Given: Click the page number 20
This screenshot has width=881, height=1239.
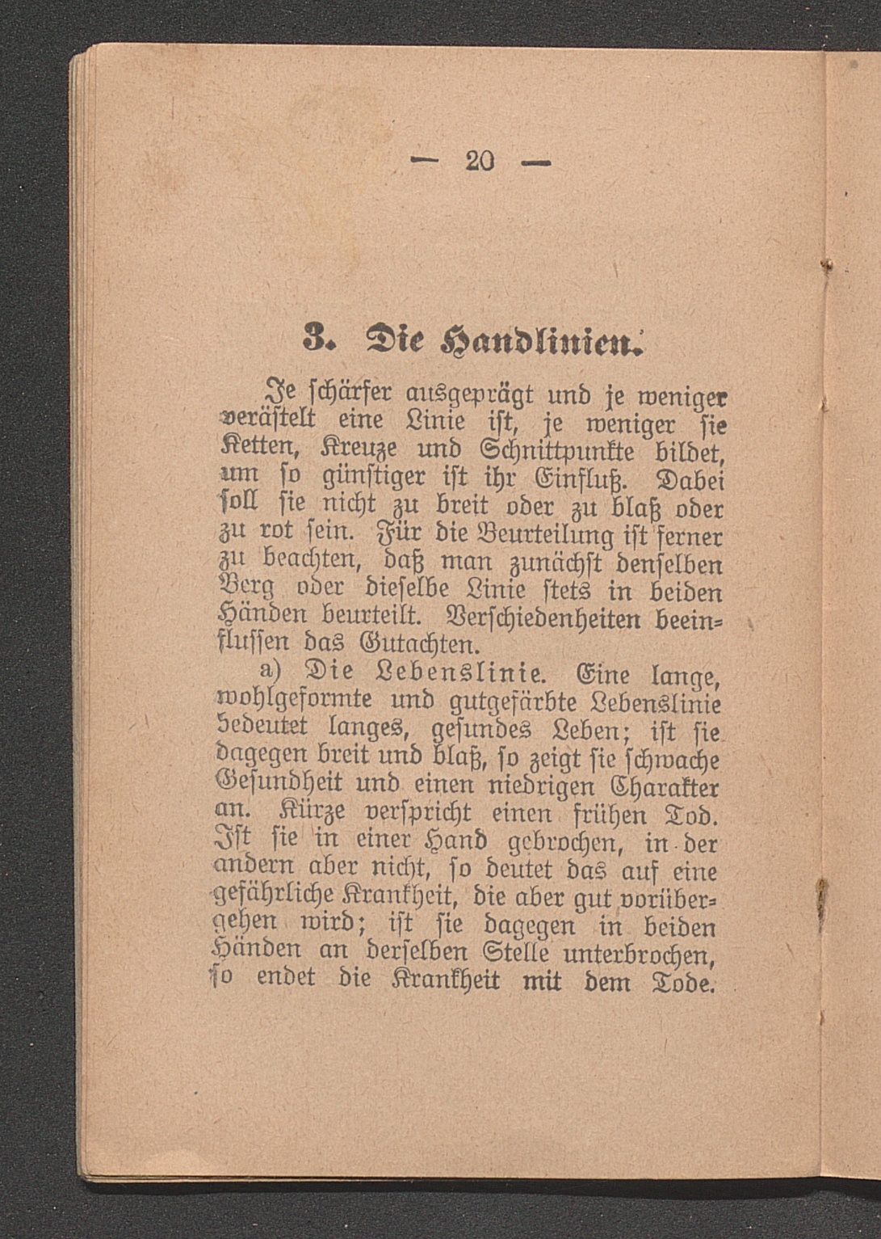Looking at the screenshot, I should [x=479, y=161].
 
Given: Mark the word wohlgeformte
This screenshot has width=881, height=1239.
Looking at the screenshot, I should [x=296, y=700].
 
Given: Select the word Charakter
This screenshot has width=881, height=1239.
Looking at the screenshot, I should [x=665, y=786].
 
